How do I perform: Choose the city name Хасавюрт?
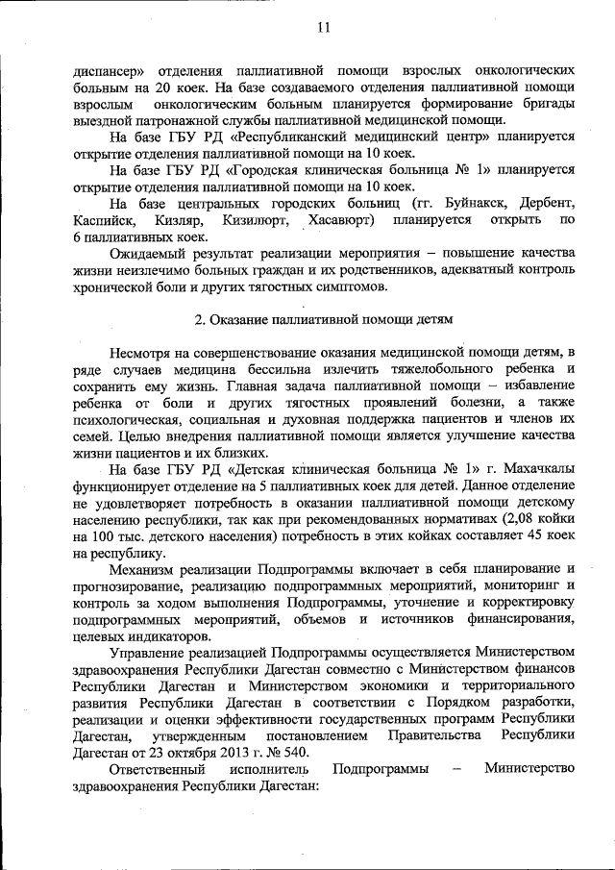tap(342, 221)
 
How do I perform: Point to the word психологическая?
tap(131, 419)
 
